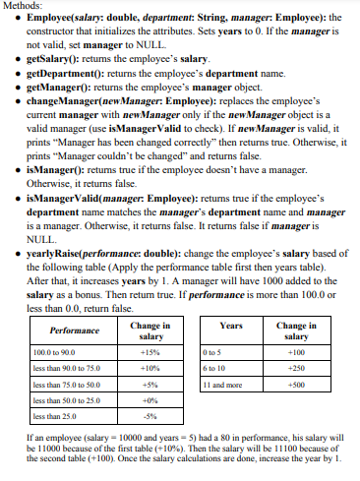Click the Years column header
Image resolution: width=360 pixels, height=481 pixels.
[x=232, y=325]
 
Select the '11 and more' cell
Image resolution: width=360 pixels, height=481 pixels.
[x=222, y=385]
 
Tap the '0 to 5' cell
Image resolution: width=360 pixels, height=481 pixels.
[x=212, y=351]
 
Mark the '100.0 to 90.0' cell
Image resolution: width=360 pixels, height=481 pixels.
[x=54, y=351]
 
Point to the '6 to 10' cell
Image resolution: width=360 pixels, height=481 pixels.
[x=214, y=368]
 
